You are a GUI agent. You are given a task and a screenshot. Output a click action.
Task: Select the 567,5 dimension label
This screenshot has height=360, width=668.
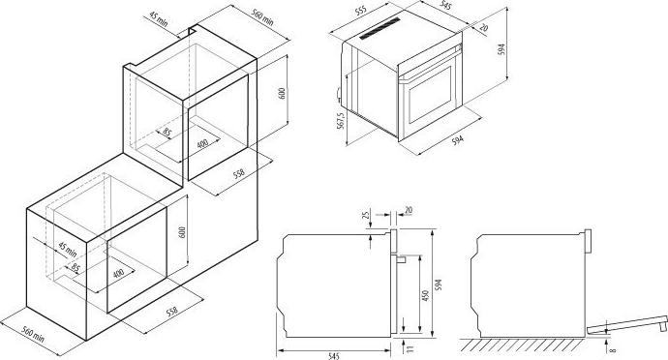[x=340, y=121]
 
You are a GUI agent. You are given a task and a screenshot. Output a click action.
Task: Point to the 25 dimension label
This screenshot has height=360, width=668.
[x=365, y=214]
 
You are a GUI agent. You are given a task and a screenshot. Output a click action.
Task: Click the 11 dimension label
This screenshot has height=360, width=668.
[x=410, y=349]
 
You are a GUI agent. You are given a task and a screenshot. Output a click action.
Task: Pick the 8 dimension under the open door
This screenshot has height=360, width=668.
[x=613, y=349]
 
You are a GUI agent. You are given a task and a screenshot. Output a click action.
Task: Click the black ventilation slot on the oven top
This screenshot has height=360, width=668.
[x=380, y=28]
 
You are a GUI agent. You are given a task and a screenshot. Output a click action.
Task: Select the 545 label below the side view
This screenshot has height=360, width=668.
[x=334, y=356]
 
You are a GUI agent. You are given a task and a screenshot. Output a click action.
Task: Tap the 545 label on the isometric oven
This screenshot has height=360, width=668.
[x=445, y=6]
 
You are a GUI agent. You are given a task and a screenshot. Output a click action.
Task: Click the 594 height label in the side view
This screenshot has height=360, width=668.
[x=439, y=285]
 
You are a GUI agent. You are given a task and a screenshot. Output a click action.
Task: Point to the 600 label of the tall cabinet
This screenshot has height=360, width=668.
[x=281, y=93]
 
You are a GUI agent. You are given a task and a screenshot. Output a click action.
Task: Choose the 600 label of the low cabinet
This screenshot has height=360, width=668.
[x=182, y=231]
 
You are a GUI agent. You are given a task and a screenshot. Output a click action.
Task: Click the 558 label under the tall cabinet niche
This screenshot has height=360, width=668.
[x=239, y=173]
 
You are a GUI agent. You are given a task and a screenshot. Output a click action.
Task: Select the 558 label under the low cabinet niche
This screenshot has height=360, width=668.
[x=171, y=312]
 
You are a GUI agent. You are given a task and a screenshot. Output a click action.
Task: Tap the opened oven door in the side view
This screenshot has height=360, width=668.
[x=626, y=324]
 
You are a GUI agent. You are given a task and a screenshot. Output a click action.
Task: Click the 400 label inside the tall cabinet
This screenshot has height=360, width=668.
[x=202, y=143]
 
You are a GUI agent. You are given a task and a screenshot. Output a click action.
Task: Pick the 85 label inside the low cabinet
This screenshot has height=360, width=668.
[x=75, y=268]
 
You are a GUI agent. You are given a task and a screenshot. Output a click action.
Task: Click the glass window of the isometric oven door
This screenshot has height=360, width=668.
[x=430, y=94]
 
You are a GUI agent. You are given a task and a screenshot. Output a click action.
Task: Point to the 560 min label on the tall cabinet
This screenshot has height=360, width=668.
[x=262, y=17]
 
